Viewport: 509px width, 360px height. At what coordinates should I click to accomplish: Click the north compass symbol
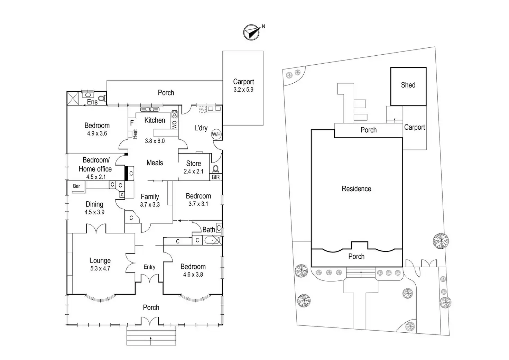point(251,32)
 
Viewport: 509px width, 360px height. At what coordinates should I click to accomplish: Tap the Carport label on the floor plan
point(243,82)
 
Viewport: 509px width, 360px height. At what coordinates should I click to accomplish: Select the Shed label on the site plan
point(408,85)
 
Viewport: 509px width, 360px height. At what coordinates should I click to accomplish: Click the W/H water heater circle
point(216,134)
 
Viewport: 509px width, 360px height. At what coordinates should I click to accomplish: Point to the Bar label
point(76,186)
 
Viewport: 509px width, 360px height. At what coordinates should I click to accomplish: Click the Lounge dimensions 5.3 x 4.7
point(100,268)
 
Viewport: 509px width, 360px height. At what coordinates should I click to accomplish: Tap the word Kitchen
point(155,120)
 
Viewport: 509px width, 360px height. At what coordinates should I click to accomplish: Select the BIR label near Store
point(215,177)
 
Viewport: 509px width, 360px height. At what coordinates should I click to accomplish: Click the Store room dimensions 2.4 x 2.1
point(193,171)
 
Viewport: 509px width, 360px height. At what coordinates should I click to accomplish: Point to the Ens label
point(92,102)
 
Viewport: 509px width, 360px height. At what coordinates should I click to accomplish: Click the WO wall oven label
point(174,124)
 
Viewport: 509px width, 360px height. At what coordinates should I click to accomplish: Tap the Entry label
point(149,267)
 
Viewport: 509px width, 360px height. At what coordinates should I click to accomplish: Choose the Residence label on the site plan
point(357,189)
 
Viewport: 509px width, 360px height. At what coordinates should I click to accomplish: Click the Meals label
point(155,163)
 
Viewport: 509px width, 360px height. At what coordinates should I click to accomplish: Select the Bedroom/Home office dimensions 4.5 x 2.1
point(96,177)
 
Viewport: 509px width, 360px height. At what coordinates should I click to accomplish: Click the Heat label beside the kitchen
point(135,134)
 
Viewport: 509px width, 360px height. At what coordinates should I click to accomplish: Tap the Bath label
point(209,230)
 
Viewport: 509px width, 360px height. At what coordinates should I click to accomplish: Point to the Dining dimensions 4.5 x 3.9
point(94,212)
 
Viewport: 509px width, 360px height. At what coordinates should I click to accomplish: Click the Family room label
point(150,196)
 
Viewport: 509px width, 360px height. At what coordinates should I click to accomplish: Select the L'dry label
point(201,128)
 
